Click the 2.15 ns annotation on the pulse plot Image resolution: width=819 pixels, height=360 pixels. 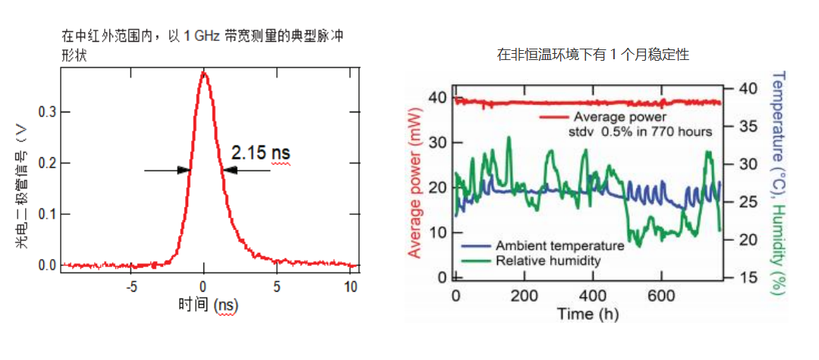pyautogui.click(x=260, y=153)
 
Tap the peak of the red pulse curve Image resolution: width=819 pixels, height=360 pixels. pyautogui.click(x=203, y=73)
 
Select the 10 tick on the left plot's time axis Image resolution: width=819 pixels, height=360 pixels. pyautogui.click(x=351, y=287)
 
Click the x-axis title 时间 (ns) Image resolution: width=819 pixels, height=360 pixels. pyautogui.click(x=207, y=305)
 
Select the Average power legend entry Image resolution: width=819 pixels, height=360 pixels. pyautogui.click(x=619, y=117)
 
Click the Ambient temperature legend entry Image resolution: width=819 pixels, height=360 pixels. pyautogui.click(x=559, y=246)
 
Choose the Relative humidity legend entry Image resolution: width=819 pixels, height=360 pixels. pyautogui.click(x=548, y=261)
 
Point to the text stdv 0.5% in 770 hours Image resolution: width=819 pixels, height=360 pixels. pyautogui.click(x=640, y=131)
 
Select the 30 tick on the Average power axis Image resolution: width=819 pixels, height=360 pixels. pyautogui.click(x=437, y=142)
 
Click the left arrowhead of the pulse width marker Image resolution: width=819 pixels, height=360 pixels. pyautogui.click(x=184, y=170)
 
